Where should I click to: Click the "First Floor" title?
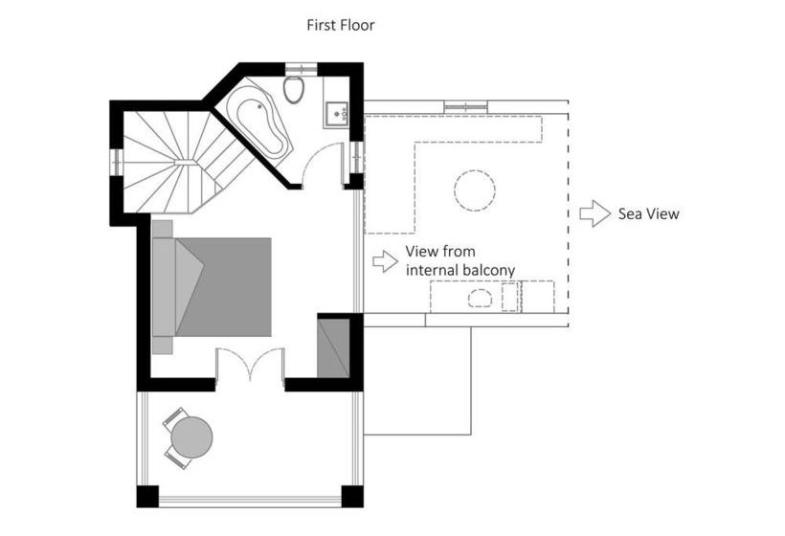click(x=340, y=25)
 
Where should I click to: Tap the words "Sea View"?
click(x=648, y=213)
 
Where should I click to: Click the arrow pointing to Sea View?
click(x=594, y=213)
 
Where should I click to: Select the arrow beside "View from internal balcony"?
click(x=384, y=260)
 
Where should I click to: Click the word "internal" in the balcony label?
click(x=433, y=271)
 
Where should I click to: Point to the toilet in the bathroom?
click(x=295, y=91)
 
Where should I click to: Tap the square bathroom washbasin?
click(x=336, y=113)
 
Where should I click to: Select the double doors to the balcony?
click(x=250, y=365)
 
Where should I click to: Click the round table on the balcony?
click(x=192, y=437)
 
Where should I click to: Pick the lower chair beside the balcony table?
click(x=176, y=457)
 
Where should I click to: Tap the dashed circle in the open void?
click(x=475, y=190)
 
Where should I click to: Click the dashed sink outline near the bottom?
click(x=480, y=298)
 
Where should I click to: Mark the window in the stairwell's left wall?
click(x=116, y=162)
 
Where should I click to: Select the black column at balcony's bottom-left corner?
click(x=146, y=497)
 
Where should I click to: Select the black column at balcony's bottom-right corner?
click(x=352, y=497)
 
